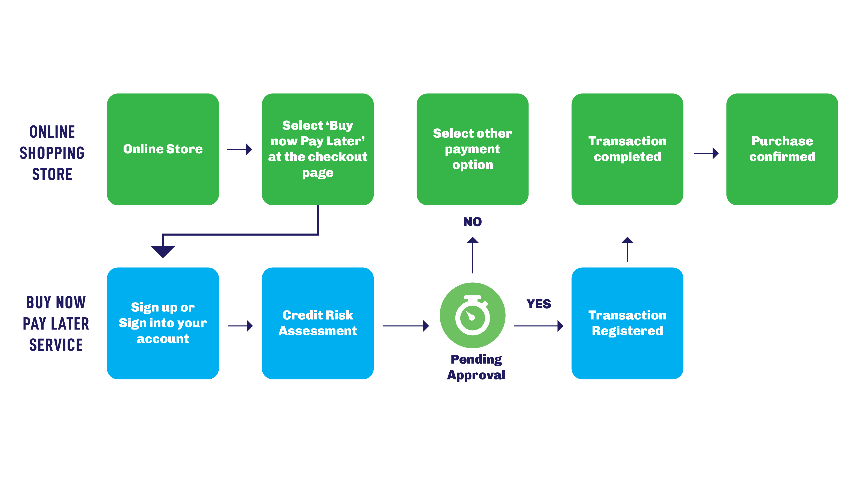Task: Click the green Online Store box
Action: coord(163,149)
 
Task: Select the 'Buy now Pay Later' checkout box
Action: coord(317,149)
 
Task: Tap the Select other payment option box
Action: coord(472,149)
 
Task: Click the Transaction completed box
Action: coord(627,149)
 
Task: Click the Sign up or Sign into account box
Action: coord(163,323)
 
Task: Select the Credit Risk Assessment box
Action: coord(317,323)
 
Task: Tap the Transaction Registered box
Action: coord(627,323)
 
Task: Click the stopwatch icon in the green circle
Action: coord(472,315)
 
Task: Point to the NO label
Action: coord(472,222)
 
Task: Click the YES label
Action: coord(539,304)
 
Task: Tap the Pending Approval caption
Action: coord(476,367)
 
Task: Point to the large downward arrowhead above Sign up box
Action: coord(163,251)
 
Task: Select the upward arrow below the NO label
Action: coord(472,255)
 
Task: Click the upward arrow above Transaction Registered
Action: coord(627,249)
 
